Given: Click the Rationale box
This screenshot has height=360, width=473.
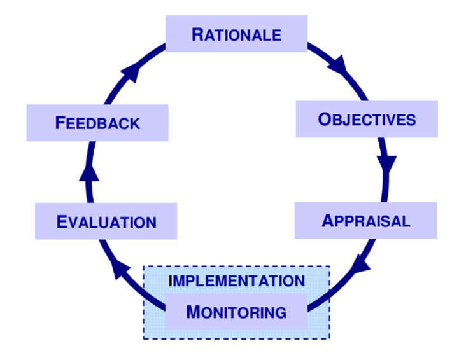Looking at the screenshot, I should tap(236, 34).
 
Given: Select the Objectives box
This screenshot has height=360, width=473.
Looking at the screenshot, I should tap(367, 119).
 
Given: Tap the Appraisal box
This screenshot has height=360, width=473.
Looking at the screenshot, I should tap(365, 221).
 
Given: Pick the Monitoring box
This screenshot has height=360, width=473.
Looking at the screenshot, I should tap(236, 312).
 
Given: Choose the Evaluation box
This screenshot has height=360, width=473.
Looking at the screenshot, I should tap(106, 221).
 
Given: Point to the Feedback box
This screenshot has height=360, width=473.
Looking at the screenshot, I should tap(97, 123).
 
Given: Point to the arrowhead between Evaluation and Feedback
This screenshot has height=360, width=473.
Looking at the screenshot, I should tap(90, 172).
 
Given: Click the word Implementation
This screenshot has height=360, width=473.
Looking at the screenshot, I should tap(236, 280).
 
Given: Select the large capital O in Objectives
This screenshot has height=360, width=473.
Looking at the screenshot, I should tap(324, 119).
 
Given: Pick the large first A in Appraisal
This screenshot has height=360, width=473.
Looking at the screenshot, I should tap(328, 221).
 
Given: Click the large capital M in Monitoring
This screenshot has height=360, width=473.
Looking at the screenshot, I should tap(194, 312).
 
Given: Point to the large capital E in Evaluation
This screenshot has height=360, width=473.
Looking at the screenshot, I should tap(62, 222).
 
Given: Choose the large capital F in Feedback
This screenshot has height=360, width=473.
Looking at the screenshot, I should tap(60, 123).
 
